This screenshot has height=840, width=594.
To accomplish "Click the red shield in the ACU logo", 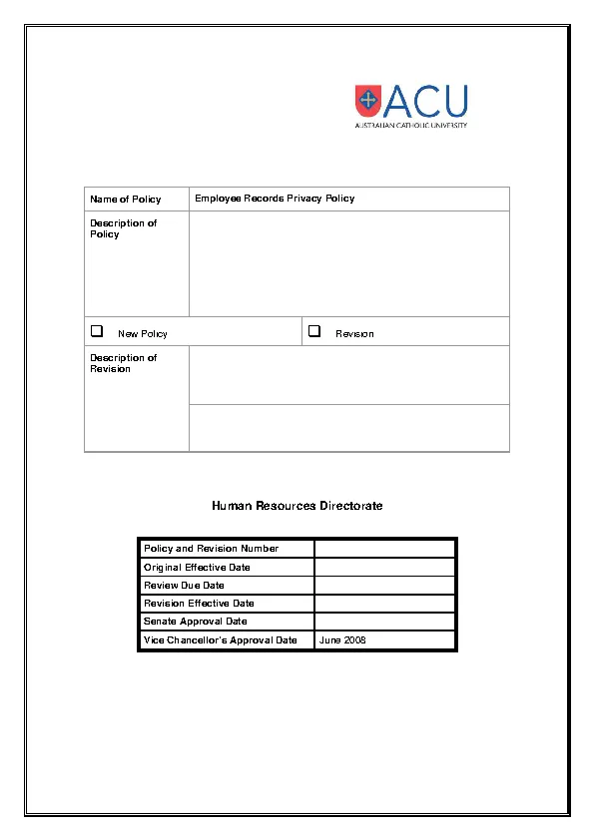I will [367, 100].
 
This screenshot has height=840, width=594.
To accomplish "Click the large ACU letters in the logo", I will [425, 101].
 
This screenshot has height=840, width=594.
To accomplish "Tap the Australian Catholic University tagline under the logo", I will [410, 126].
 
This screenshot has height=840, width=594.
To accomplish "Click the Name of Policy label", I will [126, 200].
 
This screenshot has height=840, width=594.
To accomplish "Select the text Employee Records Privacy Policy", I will [275, 199].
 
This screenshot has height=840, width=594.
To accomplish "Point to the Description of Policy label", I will [123, 228].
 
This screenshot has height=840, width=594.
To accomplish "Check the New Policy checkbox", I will [97, 331].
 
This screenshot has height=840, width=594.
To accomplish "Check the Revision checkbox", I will [313, 331].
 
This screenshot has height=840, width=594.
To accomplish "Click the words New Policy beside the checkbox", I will [143, 334].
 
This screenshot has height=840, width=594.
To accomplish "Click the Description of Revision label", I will [123, 363].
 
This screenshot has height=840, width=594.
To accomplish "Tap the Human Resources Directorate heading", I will [297, 506].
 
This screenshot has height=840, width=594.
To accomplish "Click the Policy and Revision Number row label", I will [211, 549].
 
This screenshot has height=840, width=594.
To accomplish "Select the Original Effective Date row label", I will [197, 568].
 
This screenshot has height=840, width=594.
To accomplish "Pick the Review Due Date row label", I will [184, 586].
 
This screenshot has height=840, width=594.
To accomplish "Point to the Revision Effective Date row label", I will [199, 604].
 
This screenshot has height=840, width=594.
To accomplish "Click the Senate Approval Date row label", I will [195, 622].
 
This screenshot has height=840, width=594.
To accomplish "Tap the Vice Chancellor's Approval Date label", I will [220, 640].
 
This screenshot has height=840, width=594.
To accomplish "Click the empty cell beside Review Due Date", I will [384, 586].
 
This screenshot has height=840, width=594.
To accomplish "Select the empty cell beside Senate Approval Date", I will [384, 622].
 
